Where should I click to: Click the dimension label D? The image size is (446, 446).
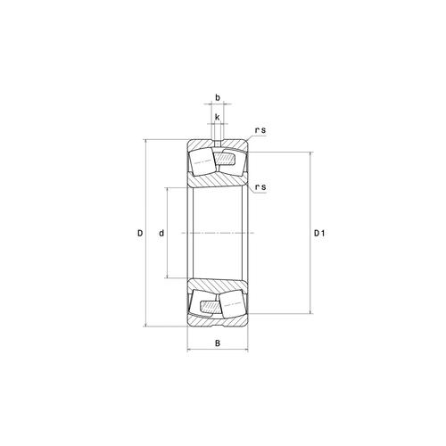(140, 234)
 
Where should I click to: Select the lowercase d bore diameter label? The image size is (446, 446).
(161, 234)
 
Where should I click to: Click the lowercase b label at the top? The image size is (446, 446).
(217, 99)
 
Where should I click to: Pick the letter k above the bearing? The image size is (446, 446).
(217, 117)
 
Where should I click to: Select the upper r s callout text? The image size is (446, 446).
(260, 131)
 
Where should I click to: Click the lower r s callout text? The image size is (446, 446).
(260, 186)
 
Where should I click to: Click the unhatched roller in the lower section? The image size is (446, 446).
(202, 303)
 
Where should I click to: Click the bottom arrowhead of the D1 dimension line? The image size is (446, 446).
(310, 311)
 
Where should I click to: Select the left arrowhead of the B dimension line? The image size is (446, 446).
(189, 351)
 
